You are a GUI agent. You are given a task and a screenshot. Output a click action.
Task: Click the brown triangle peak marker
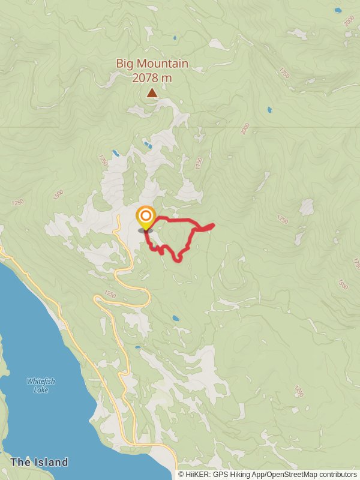coord(152,92)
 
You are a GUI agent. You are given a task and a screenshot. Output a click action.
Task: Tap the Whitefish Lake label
coord(38,385)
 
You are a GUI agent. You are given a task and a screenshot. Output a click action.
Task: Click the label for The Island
coord(39,462)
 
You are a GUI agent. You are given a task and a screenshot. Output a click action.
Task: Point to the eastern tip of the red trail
coord(214,225)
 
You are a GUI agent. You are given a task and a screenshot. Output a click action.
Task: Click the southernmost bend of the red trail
coord(178,260)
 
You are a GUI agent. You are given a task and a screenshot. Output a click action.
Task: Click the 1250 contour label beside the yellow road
coord(109,294)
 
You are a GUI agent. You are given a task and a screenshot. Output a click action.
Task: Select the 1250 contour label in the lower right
coord(299,391)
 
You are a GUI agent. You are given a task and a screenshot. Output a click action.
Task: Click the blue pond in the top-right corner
coord(338,10)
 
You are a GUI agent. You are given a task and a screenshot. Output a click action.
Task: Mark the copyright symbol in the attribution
coord(181,475)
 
